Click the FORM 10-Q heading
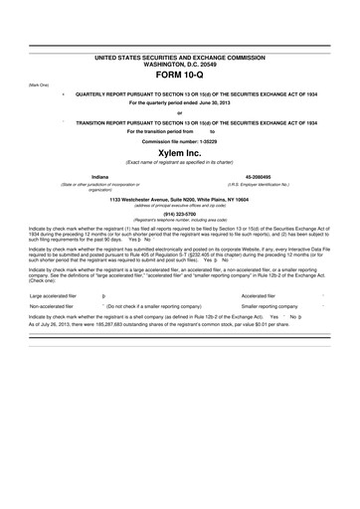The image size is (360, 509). (x=181, y=74)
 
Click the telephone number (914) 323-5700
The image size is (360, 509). (x=180, y=213)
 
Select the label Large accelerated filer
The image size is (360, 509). (x=50, y=268)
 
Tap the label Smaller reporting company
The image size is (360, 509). (x=269, y=280)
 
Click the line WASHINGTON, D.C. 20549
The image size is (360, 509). (x=180, y=65)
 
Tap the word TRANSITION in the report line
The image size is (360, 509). (x=93, y=120)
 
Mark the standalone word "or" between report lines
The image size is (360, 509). (x=180, y=111)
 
